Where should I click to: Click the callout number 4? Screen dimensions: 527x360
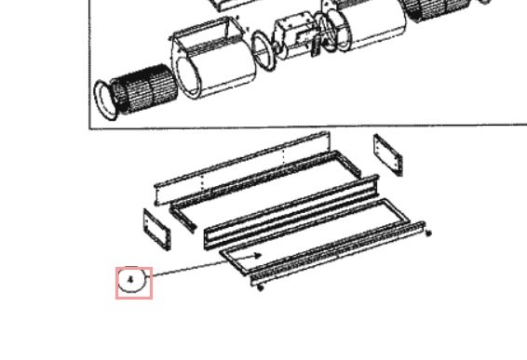(x=130, y=279)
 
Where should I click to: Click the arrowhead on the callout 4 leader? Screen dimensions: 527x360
(x=258, y=256)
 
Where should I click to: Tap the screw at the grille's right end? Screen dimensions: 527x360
(x=428, y=233)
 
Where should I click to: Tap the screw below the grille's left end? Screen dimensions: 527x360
(x=260, y=287)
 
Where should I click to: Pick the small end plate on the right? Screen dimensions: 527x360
(x=388, y=154)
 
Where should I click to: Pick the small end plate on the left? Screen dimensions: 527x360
(x=157, y=230)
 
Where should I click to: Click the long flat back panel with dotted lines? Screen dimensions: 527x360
(x=242, y=168)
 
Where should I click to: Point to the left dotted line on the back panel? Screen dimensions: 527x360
(x=202, y=183)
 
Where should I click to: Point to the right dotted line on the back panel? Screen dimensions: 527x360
(x=284, y=156)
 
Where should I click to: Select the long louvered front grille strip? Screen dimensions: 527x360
(x=338, y=254)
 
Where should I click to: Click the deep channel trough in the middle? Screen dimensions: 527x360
(x=291, y=212)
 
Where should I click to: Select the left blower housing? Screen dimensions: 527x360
(x=212, y=58)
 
